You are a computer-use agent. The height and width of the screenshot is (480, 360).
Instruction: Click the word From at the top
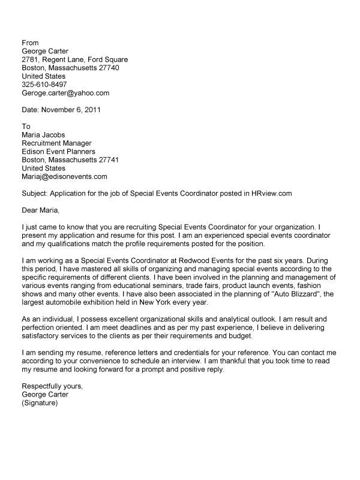click(30, 43)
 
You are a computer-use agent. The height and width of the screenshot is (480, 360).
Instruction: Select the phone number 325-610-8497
click(44, 85)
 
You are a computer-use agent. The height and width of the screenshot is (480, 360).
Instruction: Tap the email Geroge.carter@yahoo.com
click(65, 93)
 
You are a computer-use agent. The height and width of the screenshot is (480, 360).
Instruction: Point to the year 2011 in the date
click(92, 110)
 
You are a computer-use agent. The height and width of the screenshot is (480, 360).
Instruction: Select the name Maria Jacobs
click(44, 135)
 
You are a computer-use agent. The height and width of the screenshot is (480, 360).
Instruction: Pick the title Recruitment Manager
click(56, 143)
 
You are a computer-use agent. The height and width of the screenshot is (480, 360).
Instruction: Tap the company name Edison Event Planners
click(58, 152)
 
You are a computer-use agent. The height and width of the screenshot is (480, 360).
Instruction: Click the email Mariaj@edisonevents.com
click(64, 177)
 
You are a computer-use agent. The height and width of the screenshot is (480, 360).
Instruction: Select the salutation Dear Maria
click(41, 211)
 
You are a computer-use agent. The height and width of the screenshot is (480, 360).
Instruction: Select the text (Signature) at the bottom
click(40, 404)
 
